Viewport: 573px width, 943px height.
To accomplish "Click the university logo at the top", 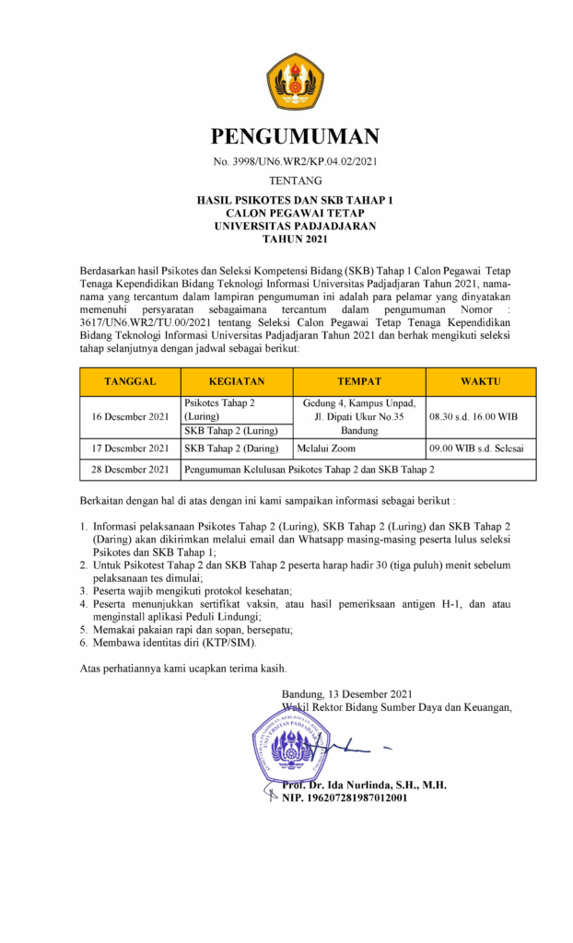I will click(295, 80).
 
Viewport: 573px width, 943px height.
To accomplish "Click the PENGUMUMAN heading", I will click(295, 136).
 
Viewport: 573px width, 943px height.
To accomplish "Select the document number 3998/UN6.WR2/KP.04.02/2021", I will click(295, 162).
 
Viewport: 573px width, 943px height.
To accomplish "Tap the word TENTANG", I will click(295, 180).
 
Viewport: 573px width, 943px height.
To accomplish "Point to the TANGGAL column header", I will click(130, 381).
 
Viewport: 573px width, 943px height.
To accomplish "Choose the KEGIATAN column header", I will click(237, 381).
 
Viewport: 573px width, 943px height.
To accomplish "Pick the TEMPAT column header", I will click(359, 381).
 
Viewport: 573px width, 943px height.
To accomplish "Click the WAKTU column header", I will click(481, 381).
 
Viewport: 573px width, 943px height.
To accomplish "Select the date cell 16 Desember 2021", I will click(130, 417).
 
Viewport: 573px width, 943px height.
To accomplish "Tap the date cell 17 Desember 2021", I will click(130, 448).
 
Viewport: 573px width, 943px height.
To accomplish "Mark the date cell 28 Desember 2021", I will click(130, 470).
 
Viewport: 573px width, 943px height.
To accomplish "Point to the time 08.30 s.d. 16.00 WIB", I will click(474, 417).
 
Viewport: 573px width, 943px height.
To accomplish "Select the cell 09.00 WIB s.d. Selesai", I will click(481, 448).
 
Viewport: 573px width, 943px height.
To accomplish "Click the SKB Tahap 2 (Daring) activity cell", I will click(230, 448).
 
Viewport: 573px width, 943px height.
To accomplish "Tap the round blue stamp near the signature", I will click(291, 745).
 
